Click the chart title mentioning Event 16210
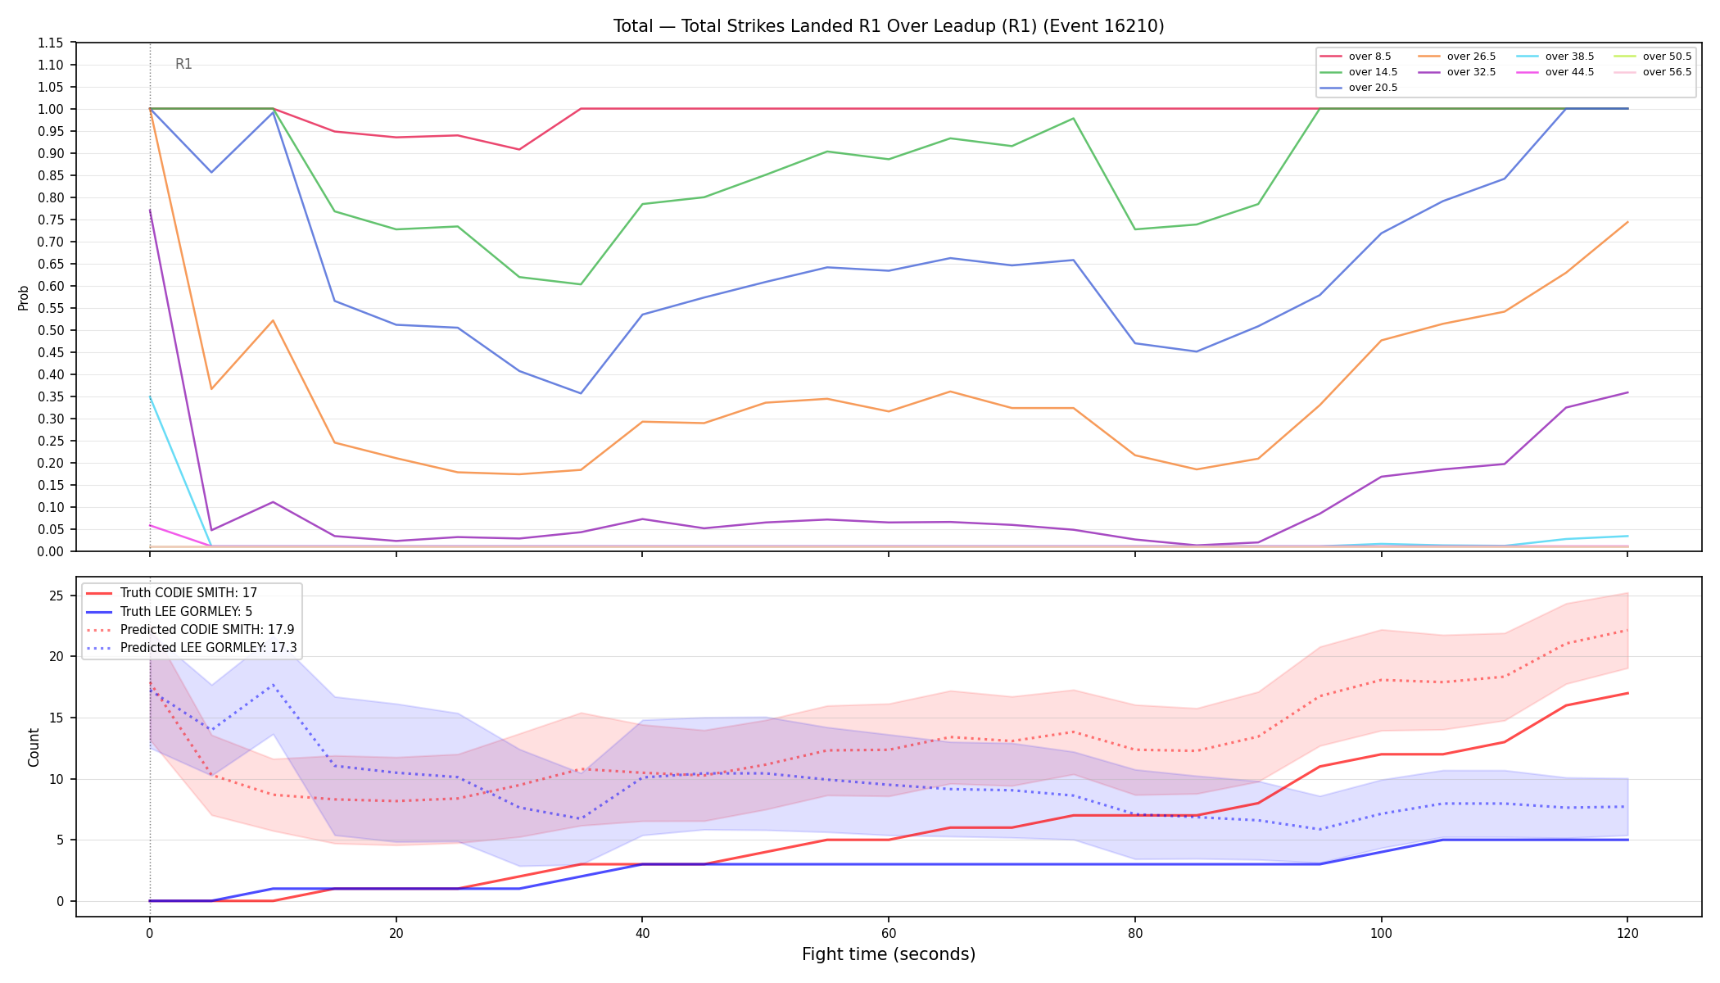889,26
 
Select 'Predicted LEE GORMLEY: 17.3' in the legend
192,648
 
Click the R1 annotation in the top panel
183,65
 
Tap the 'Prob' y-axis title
24,297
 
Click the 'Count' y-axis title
34,747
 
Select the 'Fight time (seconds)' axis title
889,954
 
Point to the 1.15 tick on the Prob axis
51,43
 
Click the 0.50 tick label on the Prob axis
51,330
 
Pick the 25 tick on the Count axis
56,596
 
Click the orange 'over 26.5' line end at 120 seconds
1627,222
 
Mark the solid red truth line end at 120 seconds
1627,693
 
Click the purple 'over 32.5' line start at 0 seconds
150,210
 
